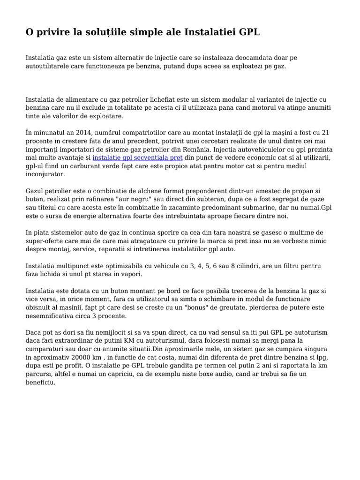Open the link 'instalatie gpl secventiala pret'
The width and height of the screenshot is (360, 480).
[x=137, y=157]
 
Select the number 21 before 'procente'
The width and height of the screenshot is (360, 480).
[x=331, y=133]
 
